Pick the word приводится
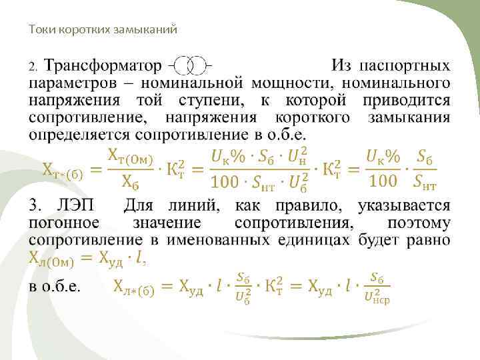pos(407,101)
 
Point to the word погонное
pos(63,222)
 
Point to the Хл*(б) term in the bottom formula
pos(134,287)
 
